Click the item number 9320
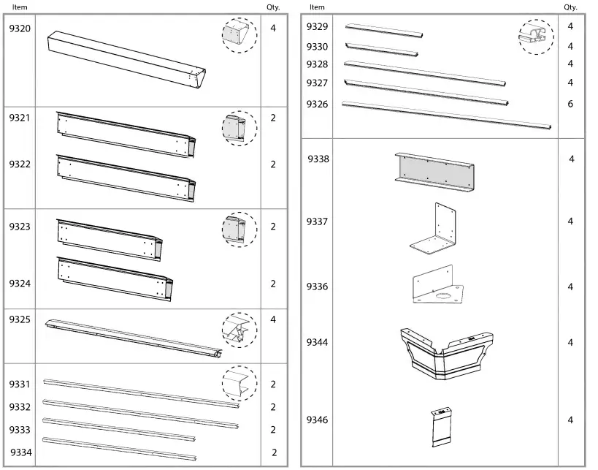tap(20, 29)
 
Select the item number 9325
tap(20, 319)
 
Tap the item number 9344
tap(317, 342)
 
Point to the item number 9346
tap(317, 420)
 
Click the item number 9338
tap(318, 159)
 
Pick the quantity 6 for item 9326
tap(570, 104)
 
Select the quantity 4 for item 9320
tap(273, 29)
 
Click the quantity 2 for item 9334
tap(274, 452)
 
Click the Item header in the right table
tap(317, 7)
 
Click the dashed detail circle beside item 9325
tap(239, 328)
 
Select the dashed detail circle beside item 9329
tap(537, 37)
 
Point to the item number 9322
tap(20, 164)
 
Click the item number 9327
tap(317, 83)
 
